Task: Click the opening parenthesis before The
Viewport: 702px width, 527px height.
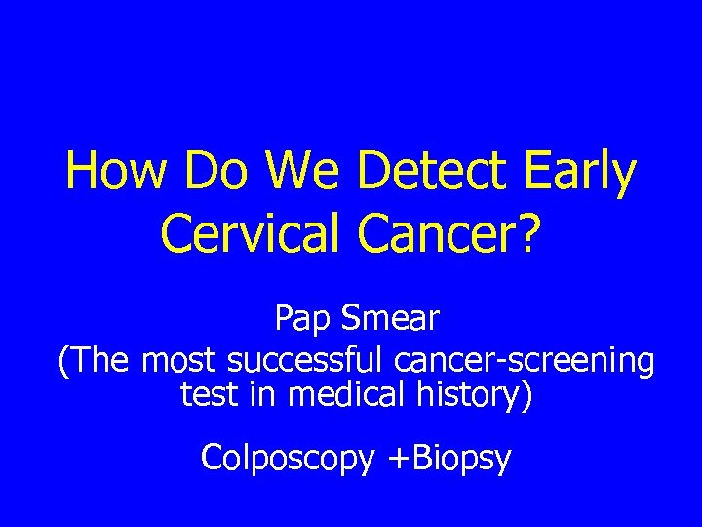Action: [x=63, y=361]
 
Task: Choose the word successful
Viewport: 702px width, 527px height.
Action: [x=307, y=361]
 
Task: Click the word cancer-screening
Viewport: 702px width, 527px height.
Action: [x=525, y=363]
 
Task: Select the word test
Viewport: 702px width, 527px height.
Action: [x=207, y=395]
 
